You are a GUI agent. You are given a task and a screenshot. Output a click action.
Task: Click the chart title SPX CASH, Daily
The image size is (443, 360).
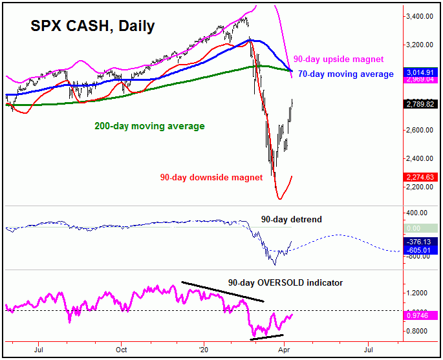(92, 26)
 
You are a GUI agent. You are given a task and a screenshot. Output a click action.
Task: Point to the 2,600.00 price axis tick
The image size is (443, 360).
(420, 131)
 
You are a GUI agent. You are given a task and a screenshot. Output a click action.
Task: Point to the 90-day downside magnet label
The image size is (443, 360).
(211, 177)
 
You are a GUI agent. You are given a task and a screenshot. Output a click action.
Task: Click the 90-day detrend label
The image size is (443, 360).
(291, 219)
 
